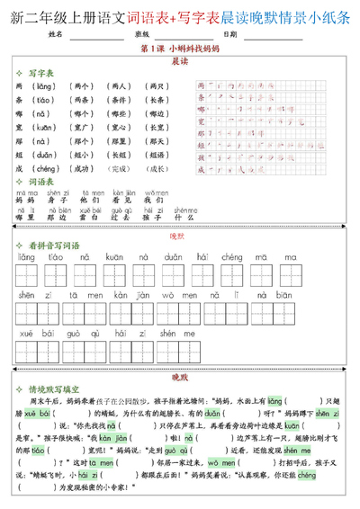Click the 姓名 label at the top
(55, 34)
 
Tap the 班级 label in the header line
(140, 34)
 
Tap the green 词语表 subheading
(43, 181)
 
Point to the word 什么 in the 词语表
(184, 217)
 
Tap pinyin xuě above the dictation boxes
(27, 331)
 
